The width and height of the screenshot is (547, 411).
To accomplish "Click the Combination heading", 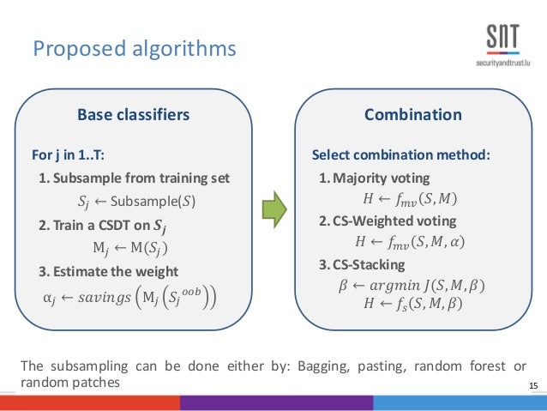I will [x=412, y=115].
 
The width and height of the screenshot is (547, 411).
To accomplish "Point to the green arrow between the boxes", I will [x=273, y=209].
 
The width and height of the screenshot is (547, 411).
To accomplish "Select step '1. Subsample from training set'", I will [x=135, y=178].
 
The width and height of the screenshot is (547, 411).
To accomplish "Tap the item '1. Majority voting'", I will [x=375, y=178].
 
